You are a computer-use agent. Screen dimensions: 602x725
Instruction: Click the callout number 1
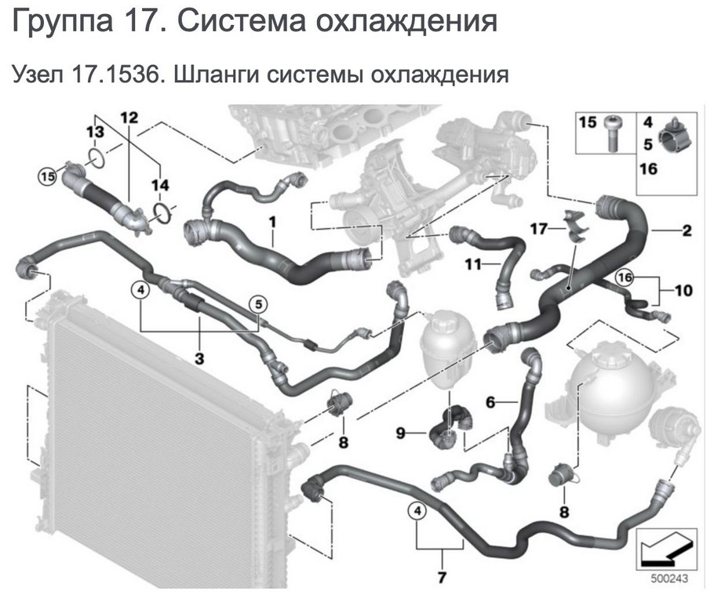tap(272, 223)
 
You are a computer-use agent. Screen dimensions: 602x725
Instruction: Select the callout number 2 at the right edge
tap(686, 230)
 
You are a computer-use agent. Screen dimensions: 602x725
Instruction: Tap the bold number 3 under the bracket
tap(199, 360)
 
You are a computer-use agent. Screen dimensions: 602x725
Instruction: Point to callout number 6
tap(490, 403)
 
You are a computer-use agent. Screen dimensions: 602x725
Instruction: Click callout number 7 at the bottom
tap(442, 579)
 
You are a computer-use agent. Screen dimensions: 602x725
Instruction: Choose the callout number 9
tap(399, 433)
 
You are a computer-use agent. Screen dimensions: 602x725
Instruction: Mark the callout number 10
tap(683, 292)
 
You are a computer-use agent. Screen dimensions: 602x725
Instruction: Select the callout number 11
tap(471, 266)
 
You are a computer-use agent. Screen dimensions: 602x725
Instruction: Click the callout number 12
tap(129, 118)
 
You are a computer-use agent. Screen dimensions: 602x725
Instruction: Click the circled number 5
tap(258, 304)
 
